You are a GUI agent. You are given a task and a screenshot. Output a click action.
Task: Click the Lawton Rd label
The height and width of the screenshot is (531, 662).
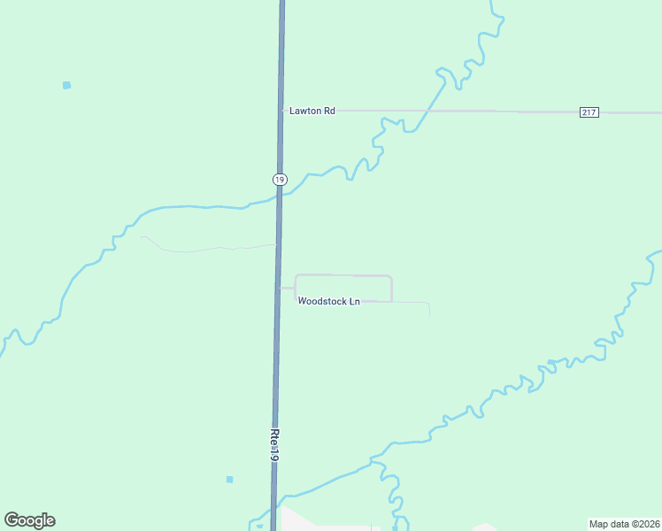(312, 111)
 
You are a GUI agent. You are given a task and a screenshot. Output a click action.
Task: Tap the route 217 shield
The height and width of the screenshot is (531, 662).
(589, 112)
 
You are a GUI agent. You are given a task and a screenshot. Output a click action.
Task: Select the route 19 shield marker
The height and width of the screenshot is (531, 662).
(280, 179)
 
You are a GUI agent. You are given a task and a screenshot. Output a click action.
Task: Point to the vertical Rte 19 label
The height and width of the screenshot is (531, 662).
(274, 445)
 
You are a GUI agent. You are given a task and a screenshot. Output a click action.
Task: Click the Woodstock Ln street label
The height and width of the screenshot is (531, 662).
(328, 302)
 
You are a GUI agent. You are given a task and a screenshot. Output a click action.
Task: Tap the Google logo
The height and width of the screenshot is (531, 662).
(29, 520)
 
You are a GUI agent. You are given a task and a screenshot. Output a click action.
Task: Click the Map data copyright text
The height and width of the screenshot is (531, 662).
(625, 523)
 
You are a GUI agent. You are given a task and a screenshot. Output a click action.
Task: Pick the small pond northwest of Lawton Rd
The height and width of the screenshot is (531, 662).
(66, 85)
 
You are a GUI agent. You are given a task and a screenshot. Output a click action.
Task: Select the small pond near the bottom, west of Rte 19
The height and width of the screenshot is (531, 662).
(229, 480)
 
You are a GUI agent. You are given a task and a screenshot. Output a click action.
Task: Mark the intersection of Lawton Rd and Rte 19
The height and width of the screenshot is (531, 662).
(281, 111)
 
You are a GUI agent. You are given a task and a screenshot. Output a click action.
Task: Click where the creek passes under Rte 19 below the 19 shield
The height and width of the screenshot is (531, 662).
(279, 200)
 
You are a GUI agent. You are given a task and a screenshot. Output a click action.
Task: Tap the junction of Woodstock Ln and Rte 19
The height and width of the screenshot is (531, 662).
(278, 288)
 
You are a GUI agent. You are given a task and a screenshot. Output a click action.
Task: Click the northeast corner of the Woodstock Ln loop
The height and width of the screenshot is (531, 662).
(390, 277)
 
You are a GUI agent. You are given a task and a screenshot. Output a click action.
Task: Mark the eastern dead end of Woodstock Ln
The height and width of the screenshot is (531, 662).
(429, 314)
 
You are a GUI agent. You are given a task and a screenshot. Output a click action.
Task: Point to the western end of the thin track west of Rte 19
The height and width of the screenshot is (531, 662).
(142, 236)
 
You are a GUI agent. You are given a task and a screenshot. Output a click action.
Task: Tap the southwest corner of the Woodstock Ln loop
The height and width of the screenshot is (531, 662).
(296, 300)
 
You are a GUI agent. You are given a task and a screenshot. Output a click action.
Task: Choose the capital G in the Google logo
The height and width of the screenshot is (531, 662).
(12, 520)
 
